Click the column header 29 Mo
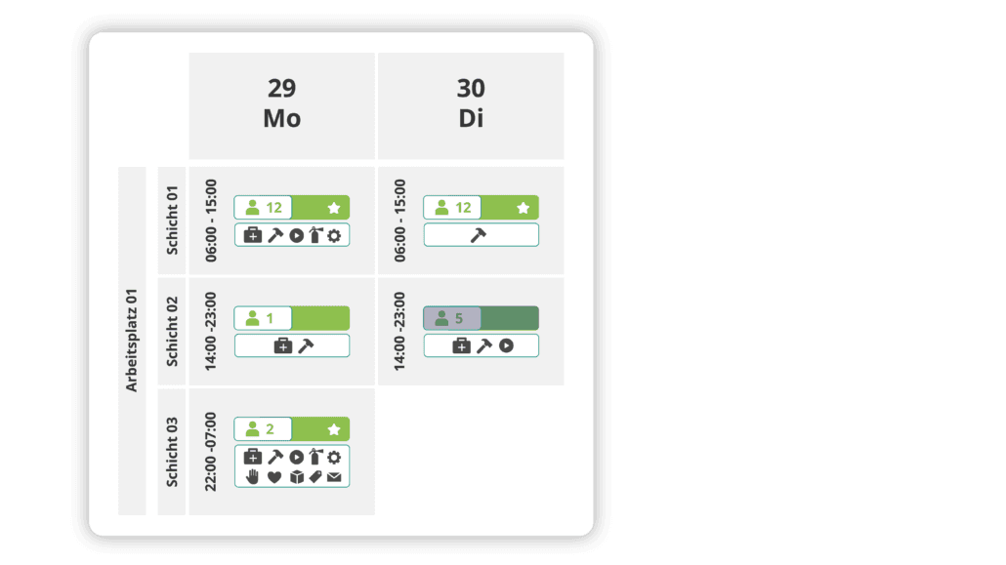281,103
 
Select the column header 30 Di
470,103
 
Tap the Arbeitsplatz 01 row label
132,341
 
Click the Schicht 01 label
172,221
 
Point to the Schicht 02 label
172,332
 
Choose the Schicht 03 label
172,452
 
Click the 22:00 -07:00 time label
211,452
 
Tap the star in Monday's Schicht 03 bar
333,429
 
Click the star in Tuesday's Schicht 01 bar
523,208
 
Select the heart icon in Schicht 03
274,477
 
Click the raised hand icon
252,477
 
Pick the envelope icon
334,477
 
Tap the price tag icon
314,477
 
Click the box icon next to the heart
295,477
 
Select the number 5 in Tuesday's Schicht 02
459,318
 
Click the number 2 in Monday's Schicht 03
271,429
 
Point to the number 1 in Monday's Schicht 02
271,318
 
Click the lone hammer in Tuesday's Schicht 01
479,235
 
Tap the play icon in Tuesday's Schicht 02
506,345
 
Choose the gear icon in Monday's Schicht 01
334,235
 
